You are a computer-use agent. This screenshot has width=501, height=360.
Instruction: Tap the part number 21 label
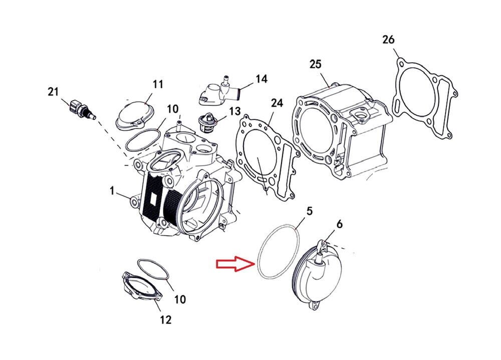[54, 91]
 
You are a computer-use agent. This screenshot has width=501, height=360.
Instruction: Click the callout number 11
[158, 84]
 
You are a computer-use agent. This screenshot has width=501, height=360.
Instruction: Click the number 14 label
[261, 79]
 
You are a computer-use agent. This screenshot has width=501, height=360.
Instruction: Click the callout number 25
[315, 64]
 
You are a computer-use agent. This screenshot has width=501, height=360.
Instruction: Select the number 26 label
[388, 39]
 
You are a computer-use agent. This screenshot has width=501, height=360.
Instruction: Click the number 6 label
[339, 225]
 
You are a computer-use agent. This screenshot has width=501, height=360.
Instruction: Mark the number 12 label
[165, 319]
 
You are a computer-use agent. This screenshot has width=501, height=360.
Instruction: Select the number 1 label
[112, 191]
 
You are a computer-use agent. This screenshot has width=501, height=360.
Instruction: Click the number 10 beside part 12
[179, 299]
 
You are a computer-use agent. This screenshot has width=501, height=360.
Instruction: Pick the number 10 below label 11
[172, 109]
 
